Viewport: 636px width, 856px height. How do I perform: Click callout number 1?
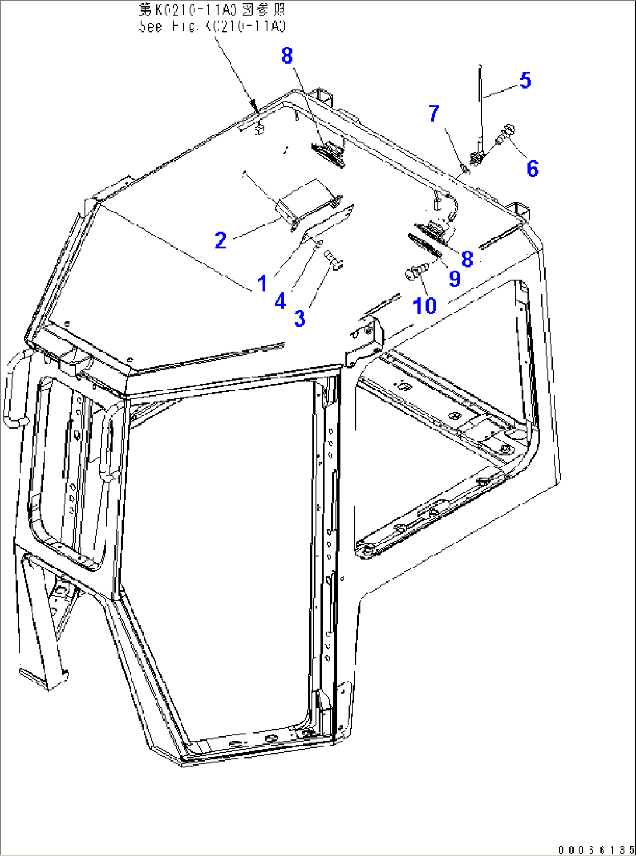pyautogui.click(x=262, y=283)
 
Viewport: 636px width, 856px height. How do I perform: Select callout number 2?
pyautogui.click(x=221, y=240)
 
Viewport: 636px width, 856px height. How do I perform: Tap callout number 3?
pyautogui.click(x=299, y=318)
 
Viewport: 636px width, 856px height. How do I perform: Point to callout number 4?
pyautogui.click(x=281, y=301)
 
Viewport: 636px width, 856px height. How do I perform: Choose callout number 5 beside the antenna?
pyautogui.click(x=525, y=80)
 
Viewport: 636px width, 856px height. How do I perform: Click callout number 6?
pyautogui.click(x=532, y=169)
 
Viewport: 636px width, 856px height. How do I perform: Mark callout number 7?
pyautogui.click(x=434, y=114)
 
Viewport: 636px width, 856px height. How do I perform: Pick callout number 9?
pyautogui.click(x=455, y=279)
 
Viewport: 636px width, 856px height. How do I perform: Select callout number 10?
pyautogui.click(x=425, y=306)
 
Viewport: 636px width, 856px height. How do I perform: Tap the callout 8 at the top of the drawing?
pyautogui.click(x=287, y=55)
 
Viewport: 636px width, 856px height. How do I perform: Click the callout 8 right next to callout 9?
pyautogui.click(x=467, y=259)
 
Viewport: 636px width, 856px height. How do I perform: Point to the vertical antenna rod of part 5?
pyautogui.click(x=480, y=105)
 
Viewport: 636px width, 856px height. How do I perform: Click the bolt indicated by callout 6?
pyautogui.click(x=505, y=134)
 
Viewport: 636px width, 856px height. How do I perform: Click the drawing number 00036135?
pyautogui.click(x=595, y=849)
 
